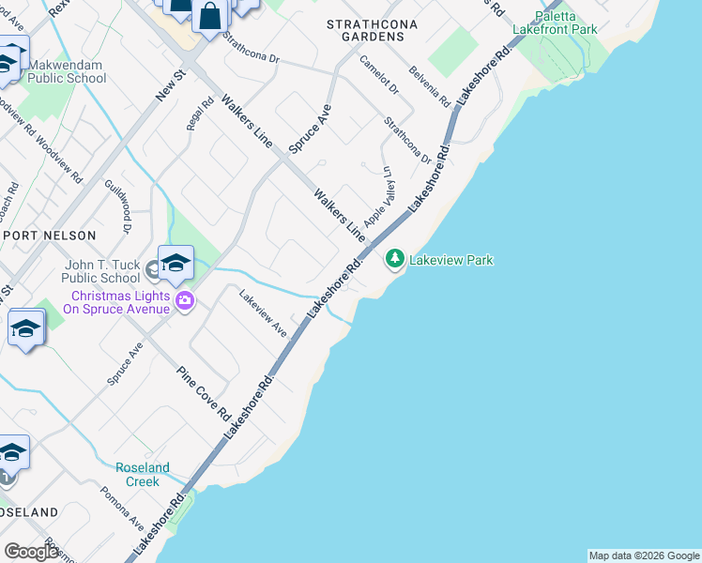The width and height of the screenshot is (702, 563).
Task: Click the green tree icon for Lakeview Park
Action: tap(395, 257)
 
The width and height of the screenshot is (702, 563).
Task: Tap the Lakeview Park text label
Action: tap(450, 260)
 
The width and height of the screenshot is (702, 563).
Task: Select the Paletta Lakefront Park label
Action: tap(555, 23)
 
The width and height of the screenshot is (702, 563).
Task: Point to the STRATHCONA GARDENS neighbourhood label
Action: tap(365, 29)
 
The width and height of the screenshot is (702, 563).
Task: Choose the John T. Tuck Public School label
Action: tap(100, 271)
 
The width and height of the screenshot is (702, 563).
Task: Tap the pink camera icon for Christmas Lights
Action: tap(185, 300)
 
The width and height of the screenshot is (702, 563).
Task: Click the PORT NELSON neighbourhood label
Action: tap(49, 236)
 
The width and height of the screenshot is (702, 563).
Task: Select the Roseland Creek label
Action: tap(143, 474)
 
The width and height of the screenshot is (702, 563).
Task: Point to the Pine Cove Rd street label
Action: tap(205, 392)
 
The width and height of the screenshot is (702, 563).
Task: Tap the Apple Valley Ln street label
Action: tap(377, 196)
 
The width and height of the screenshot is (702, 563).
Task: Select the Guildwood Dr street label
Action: tap(116, 205)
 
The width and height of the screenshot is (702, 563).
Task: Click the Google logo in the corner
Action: tap(32, 552)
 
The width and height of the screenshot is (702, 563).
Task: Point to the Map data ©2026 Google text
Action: tap(644, 555)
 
